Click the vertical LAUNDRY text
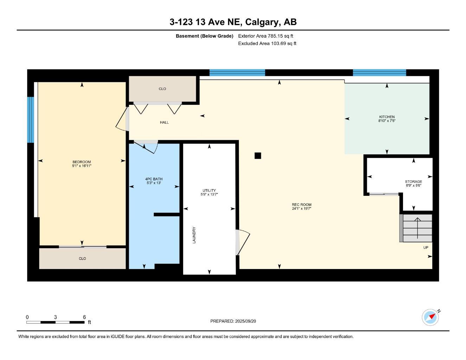point(194,235)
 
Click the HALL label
point(164,123)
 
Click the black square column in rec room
point(258,155)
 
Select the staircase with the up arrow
point(417,228)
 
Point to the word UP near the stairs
point(426,247)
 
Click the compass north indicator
point(430,317)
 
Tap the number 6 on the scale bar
point(84,317)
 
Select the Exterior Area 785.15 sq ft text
point(266,36)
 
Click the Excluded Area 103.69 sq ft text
point(267,44)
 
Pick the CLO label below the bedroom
point(82,259)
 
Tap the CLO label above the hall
point(162,89)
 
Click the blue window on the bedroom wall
point(31,120)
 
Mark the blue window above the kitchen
point(379,73)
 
